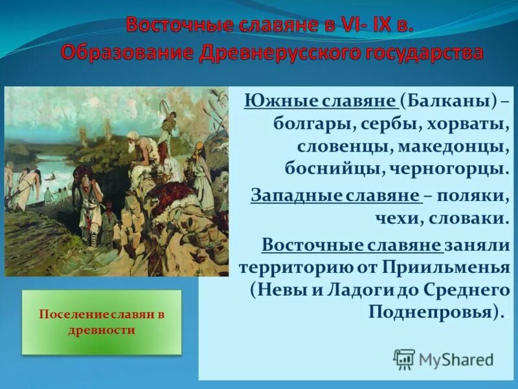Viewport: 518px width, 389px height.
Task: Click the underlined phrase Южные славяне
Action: pyautogui.click(x=321, y=102)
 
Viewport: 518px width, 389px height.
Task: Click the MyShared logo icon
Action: pyautogui.click(x=405, y=359)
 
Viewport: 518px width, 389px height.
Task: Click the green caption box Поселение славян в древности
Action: pyautogui.click(x=102, y=322)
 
